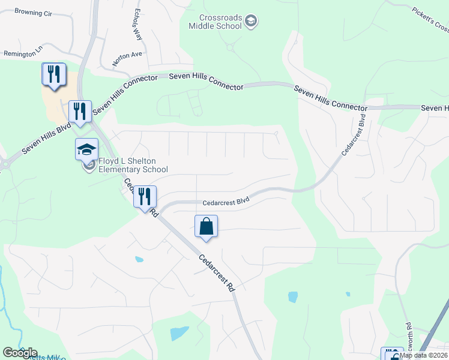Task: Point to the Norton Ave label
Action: (127, 58)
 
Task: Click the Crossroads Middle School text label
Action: (215, 22)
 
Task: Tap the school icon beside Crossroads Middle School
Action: (251, 22)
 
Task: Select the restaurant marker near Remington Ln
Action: (53, 74)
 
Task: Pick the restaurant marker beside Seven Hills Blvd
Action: (79, 111)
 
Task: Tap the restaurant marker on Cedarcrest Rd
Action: (145, 196)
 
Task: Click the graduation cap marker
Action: (86, 149)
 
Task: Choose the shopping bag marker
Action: (206, 226)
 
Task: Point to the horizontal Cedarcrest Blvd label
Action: (226, 202)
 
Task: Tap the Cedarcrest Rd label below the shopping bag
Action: (216, 272)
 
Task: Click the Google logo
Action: (19, 353)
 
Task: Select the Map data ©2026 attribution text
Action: (423, 355)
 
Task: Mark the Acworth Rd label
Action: (408, 337)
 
